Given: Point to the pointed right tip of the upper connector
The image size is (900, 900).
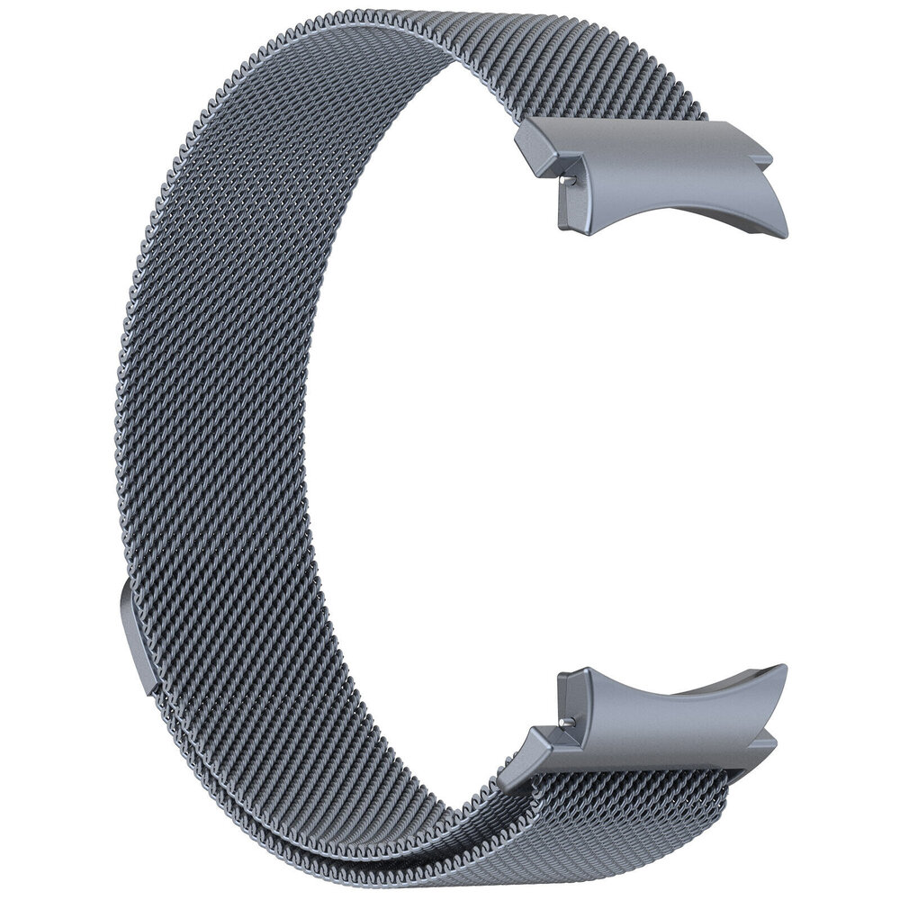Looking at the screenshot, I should (785, 232).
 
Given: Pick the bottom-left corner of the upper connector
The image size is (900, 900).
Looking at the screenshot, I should (562, 227).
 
